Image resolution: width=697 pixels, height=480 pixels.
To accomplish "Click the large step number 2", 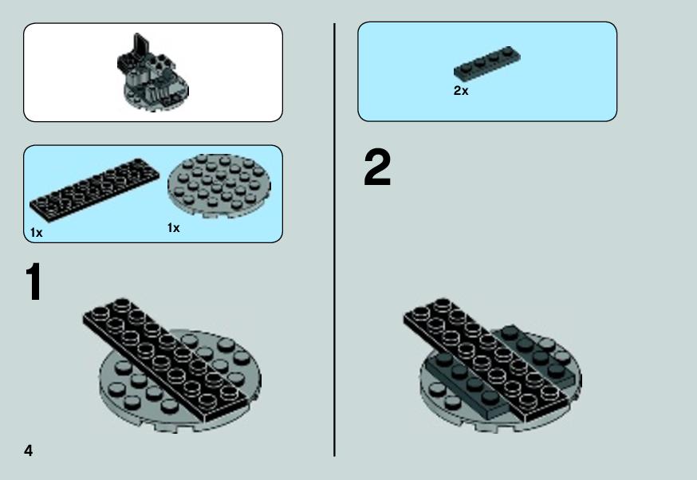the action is coord(377,168).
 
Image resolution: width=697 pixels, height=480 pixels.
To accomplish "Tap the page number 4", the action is coord(29,450).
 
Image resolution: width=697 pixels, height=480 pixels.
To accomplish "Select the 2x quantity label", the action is coord(461,91).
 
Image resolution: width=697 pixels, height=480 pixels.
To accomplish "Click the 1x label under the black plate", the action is coord(37,233).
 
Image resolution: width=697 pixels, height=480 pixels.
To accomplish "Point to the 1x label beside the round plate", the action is coord(173,228).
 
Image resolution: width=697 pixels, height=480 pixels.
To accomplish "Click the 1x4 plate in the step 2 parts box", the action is coord(486,63).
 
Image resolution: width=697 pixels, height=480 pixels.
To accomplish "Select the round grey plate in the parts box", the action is coord(219,186).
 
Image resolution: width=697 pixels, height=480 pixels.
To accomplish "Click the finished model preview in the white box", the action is coord(152,73).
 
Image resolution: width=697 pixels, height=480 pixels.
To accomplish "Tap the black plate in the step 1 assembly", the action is coord(166,359).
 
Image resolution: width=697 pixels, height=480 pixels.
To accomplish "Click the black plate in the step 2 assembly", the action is coord(486,359).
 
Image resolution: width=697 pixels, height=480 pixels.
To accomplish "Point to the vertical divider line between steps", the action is coord(334,240).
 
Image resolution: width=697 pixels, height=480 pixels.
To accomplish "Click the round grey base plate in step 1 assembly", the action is coord(133,391).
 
